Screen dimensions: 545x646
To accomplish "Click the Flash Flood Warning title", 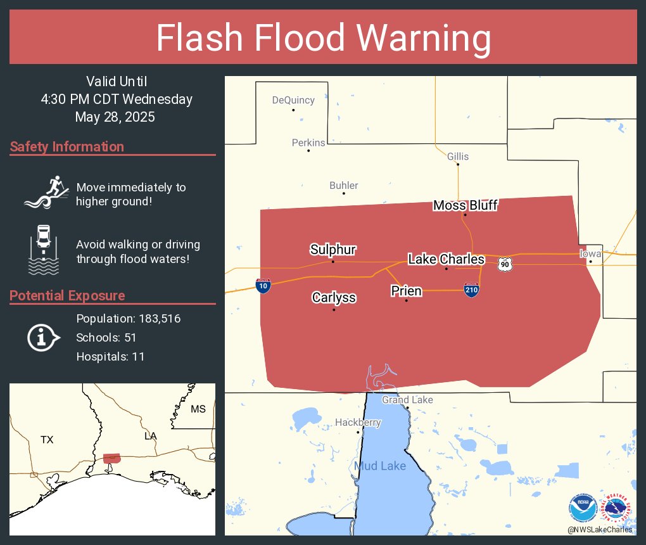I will click(323, 38).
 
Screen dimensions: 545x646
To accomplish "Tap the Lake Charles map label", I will click(446, 259).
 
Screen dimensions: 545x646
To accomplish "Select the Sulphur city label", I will click(332, 250).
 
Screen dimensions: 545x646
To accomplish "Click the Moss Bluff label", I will click(465, 205).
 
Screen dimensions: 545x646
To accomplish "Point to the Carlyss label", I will click(334, 298).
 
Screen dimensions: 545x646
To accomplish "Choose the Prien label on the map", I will click(406, 291).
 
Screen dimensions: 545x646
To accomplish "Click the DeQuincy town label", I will click(293, 100).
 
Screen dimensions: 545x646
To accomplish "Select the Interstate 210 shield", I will click(471, 290).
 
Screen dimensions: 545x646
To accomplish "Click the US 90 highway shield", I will click(504, 264).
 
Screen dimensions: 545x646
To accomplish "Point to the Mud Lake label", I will click(380, 466).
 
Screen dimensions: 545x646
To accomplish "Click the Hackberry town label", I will click(358, 422).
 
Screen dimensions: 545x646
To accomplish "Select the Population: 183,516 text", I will click(129, 318).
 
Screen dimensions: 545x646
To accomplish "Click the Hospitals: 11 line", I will click(110, 356).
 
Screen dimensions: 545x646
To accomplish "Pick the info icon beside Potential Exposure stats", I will click(42, 337).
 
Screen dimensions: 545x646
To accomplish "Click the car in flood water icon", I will click(43, 248).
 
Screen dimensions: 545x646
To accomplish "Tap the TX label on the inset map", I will click(47, 439).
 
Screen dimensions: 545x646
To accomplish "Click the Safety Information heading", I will click(67, 147).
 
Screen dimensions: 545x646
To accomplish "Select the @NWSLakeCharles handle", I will click(599, 529).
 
